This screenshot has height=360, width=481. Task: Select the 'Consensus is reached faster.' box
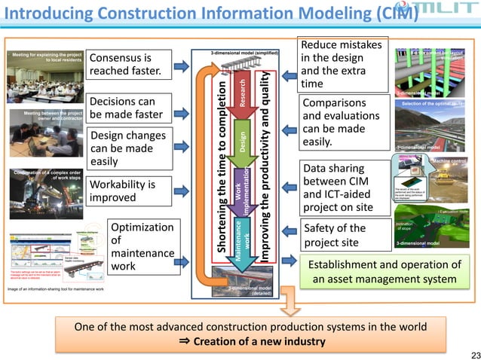point(126,64)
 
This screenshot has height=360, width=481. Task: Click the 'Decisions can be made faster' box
point(126,108)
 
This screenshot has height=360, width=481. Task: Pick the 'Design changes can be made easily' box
point(126,148)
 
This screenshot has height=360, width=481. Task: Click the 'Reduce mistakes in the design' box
point(343,64)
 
